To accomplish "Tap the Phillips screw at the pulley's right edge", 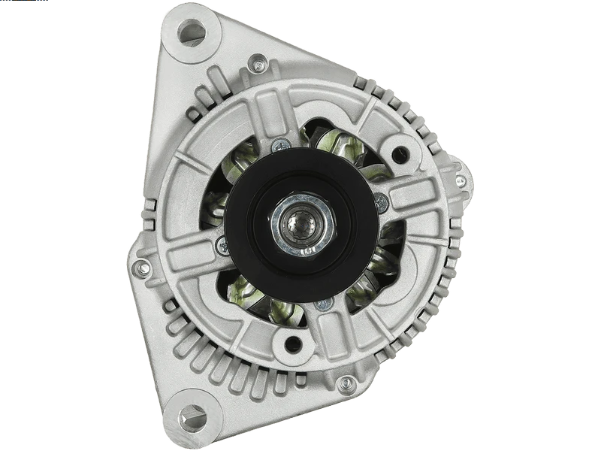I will pos(382,201).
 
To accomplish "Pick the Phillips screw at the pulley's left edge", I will pos(222,244).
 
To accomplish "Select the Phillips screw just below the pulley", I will pos(324,304).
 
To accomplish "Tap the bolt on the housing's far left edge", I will pos(140,267).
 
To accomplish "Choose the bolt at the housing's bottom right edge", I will pos(346,384).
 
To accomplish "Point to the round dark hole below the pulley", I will pos(293,344).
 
